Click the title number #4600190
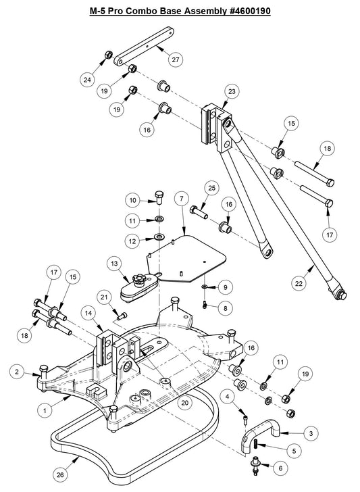244,12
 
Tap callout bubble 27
176,60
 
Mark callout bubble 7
180,199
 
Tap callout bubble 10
133,201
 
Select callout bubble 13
114,263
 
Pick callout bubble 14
88,312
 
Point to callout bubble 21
103,296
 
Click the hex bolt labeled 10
160,197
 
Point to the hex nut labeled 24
107,55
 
